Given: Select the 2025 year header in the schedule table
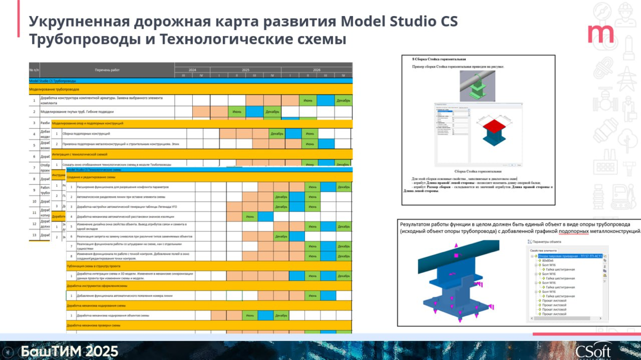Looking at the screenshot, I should [245, 70].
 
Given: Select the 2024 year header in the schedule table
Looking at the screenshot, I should [192, 70].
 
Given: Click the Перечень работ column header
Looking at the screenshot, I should [107, 70].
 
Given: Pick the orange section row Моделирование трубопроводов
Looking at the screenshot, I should [54, 89].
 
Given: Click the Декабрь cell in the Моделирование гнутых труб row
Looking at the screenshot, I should [272, 112].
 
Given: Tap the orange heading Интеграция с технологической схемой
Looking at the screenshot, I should [80, 154].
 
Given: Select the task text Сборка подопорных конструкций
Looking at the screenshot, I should [86, 133].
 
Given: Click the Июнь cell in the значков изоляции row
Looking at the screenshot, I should [249, 216].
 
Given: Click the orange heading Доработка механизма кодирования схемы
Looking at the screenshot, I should [96, 306].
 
